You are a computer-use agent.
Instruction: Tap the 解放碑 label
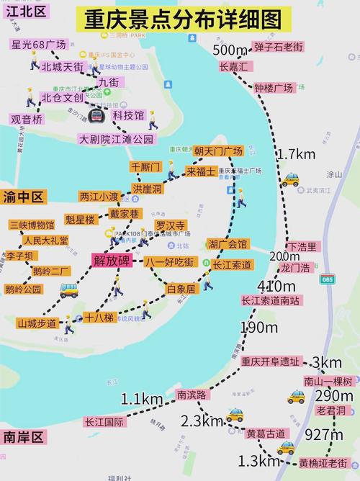[x=112, y=261]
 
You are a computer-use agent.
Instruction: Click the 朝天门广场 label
[x=218, y=151]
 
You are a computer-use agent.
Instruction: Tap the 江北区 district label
[x=24, y=12]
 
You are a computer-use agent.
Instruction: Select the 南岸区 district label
[x=24, y=437]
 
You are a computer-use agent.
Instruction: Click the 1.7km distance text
[x=296, y=154]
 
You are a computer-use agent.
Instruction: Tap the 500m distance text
[x=230, y=50]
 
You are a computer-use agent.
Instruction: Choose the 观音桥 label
[x=27, y=120]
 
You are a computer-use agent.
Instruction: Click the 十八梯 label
[x=99, y=318]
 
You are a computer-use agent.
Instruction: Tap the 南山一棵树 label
[x=328, y=382]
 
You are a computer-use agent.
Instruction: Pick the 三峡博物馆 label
[x=32, y=225]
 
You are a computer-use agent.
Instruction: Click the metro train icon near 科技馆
[x=97, y=114]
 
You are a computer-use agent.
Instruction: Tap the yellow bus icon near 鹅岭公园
[x=69, y=289]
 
